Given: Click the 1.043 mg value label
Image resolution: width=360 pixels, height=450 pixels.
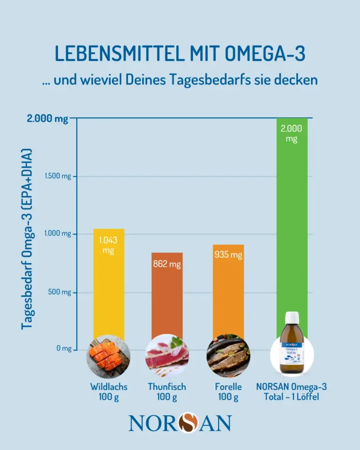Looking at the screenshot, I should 108,245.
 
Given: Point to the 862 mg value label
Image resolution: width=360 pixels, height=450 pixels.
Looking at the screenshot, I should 167,264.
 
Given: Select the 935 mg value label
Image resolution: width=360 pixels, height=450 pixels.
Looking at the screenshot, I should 228,255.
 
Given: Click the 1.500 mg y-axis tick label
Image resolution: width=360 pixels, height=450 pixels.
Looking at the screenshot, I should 58,176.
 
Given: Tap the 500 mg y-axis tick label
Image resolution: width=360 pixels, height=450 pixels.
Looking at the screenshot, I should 60,292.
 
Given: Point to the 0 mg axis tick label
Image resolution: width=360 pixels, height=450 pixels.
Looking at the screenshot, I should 64,349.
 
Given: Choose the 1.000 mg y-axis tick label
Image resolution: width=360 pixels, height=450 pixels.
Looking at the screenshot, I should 58,234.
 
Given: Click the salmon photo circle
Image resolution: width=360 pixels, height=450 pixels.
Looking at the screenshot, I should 108,356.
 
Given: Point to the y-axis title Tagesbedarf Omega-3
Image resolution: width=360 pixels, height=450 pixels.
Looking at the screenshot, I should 27,239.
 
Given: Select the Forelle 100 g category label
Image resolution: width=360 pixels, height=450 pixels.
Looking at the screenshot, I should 228,392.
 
